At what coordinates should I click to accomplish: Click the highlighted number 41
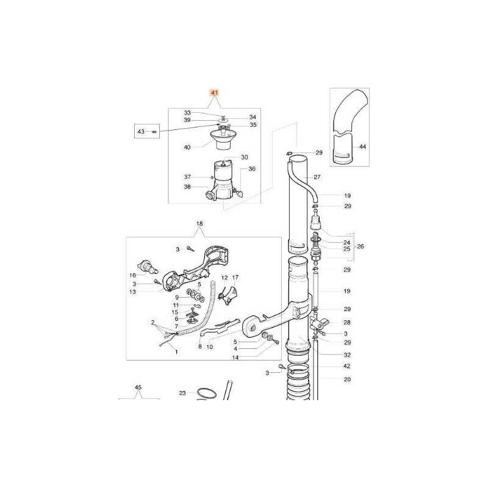point(215,93)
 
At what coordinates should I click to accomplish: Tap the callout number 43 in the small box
point(141,132)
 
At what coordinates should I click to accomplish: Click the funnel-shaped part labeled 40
point(222,139)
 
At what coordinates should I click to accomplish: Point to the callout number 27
point(317,177)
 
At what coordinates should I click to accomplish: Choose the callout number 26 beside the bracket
point(360,246)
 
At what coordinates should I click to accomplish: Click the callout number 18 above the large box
point(199,223)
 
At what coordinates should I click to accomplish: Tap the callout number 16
point(132,276)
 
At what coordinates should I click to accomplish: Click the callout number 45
point(138,387)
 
